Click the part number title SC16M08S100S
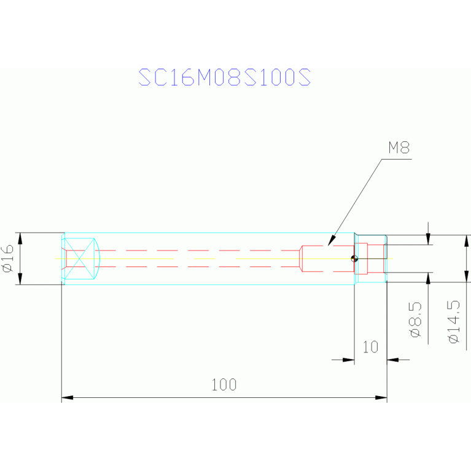tap(224, 77)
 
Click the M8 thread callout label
tap(399, 147)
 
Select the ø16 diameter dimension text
tap(8, 259)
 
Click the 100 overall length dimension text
tap(224, 384)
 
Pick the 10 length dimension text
tap(370, 347)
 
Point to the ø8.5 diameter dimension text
tap(416, 319)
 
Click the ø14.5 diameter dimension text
tap(454, 322)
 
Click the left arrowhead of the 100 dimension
tap(68, 397)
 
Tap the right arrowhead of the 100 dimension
tap(381, 397)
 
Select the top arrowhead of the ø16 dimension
tap(20, 238)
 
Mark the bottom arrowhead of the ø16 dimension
tap(20, 279)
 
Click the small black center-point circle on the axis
tap(354, 259)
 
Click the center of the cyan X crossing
tap(79, 259)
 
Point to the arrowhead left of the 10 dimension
tap(348, 360)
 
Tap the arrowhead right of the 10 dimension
tap(393, 360)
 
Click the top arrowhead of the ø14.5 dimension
tap(467, 241)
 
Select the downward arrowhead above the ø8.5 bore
tap(429, 239)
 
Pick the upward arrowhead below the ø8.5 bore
tap(429, 278)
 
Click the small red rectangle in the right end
tap(361, 259)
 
